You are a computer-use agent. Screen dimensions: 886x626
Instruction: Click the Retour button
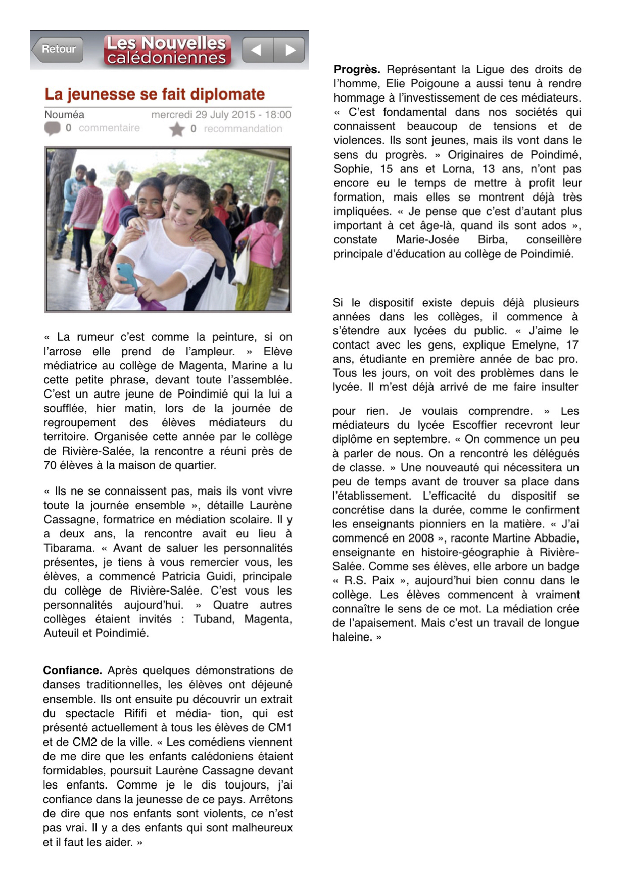[x=58, y=49]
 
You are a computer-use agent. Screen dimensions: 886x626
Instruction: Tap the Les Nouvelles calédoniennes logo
[x=167, y=50]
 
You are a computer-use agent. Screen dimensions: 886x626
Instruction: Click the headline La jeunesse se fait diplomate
[x=155, y=94]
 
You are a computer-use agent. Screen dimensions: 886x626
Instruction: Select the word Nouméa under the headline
[x=64, y=115]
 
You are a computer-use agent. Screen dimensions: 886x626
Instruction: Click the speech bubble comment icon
[x=52, y=129]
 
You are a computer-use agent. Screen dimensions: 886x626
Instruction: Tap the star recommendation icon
[x=177, y=130]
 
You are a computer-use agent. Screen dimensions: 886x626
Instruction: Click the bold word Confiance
[x=72, y=670]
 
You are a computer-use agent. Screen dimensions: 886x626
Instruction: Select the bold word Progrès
[x=357, y=69]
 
